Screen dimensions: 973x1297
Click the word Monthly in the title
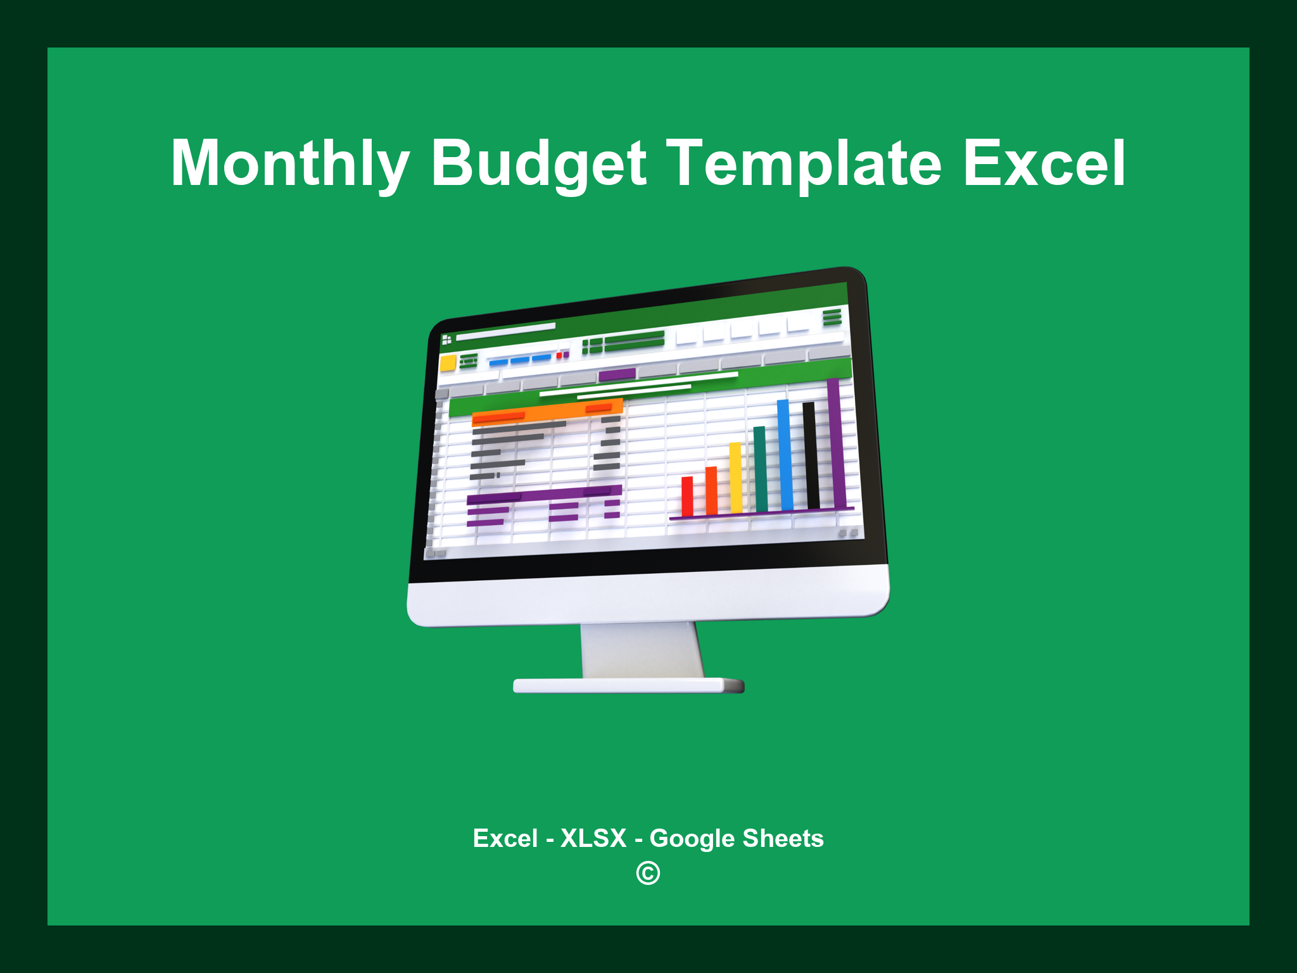290,163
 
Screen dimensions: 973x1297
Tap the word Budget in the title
538,163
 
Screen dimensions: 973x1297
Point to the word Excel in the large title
1044,163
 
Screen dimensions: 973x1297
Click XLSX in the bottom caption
593,838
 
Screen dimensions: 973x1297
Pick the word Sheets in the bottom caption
783,838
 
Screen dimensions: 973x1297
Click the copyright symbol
648,874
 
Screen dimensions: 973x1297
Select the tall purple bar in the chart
835,443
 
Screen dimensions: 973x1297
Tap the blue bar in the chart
785,455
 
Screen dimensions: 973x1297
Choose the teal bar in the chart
760,469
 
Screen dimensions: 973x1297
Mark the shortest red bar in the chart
687,496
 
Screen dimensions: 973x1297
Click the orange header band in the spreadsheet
548,412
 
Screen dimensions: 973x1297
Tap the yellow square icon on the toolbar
448,363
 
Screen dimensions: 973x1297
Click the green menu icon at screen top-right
832,317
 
